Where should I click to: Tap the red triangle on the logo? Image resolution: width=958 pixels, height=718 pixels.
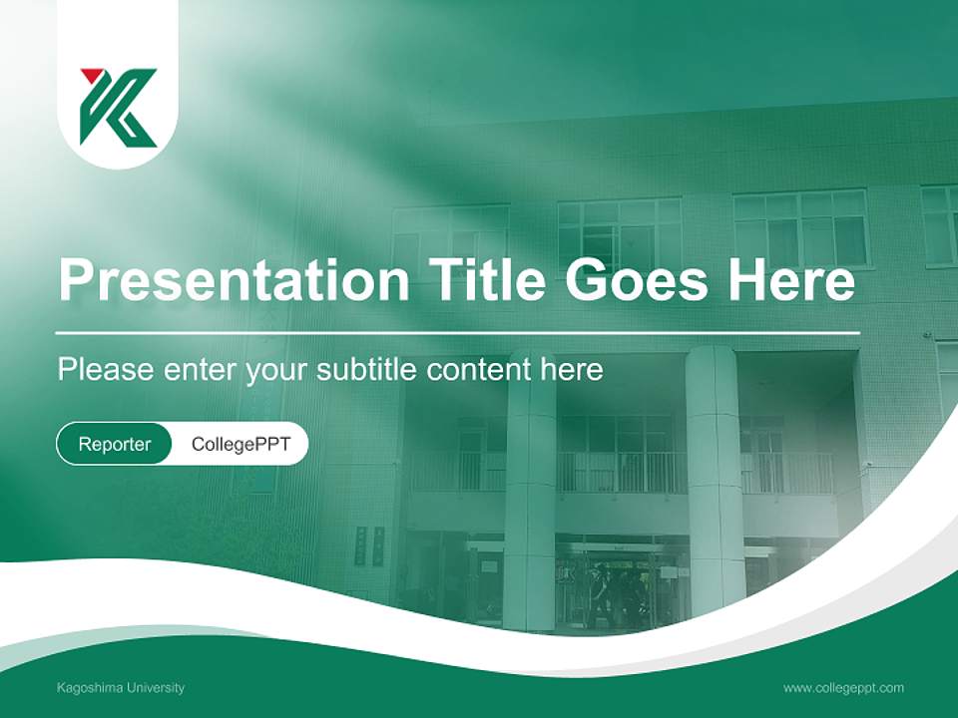(92, 76)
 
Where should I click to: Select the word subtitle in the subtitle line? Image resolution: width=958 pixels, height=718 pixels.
(366, 370)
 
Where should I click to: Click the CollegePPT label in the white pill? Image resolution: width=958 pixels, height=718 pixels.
(240, 444)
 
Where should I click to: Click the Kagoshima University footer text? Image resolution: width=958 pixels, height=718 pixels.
(121, 688)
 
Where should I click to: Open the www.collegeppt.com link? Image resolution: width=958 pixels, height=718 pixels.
(843, 688)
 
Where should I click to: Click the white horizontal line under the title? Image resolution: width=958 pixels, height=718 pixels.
(458, 332)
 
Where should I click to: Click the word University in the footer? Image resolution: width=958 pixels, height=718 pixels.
(152, 688)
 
